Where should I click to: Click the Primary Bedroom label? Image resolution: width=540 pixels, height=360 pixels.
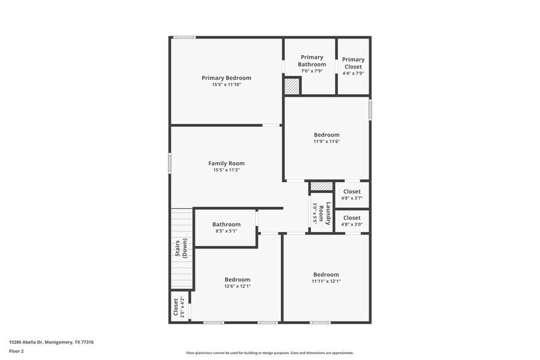(226, 78)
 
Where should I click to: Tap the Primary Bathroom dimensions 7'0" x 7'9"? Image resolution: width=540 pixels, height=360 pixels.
(312, 71)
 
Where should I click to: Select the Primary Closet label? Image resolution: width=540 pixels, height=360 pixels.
(353, 63)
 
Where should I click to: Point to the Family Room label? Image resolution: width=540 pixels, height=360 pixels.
(226, 163)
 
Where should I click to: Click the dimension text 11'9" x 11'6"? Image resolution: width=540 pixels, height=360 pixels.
(326, 141)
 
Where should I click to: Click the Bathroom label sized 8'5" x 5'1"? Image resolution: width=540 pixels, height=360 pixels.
(226, 225)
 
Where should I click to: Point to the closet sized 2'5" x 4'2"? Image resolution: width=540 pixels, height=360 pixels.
(179, 307)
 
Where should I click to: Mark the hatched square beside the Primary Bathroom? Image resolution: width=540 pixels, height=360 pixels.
(292, 86)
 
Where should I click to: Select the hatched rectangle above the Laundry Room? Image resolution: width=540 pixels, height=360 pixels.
(321, 186)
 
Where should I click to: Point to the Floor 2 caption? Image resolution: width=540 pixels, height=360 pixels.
(16, 351)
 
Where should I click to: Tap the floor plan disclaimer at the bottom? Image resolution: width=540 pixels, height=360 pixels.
(269, 353)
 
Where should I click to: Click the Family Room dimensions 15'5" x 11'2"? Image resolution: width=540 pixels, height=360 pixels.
(226, 170)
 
